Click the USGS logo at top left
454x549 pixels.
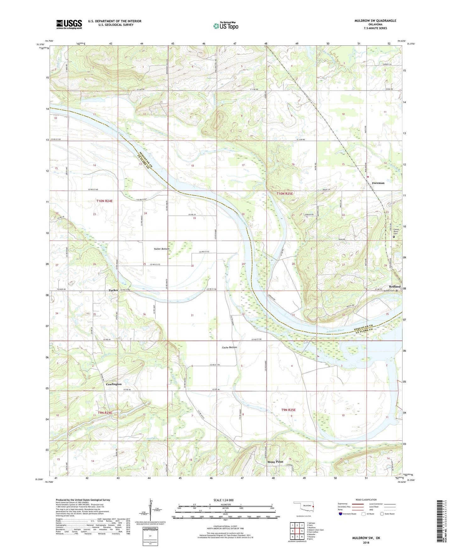click(x=69, y=24)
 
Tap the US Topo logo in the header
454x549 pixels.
click(x=226, y=26)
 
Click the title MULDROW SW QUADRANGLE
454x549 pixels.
click(x=375, y=21)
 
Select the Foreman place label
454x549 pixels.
click(x=378, y=183)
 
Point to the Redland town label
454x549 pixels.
click(x=395, y=286)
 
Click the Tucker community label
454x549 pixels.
click(x=113, y=290)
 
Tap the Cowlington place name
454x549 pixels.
click(x=113, y=384)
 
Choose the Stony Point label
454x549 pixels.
click(x=275, y=462)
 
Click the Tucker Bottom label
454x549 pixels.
click(x=161, y=249)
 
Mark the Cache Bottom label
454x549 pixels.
click(x=229, y=347)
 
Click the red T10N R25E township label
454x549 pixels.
click(x=285, y=194)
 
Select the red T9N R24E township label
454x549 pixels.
click(x=105, y=413)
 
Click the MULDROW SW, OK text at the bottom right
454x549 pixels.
click(x=365, y=538)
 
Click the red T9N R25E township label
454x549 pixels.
click(x=288, y=410)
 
